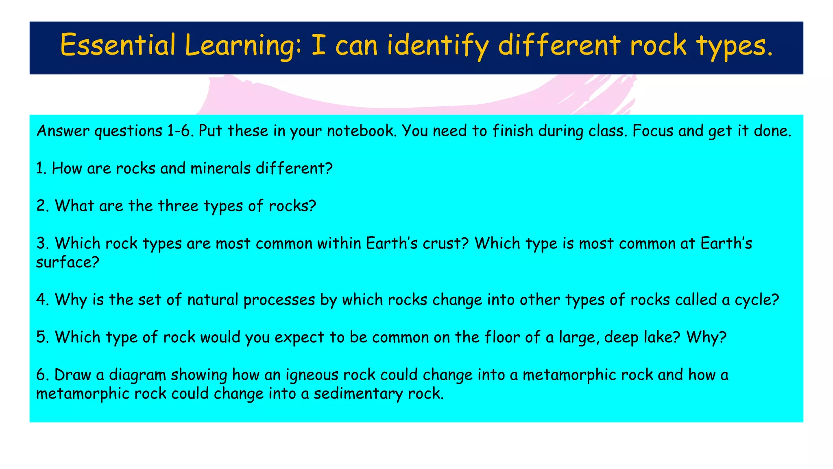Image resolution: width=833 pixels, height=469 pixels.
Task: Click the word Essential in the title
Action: (x=118, y=45)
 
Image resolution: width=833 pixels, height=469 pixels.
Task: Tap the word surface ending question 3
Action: (x=68, y=262)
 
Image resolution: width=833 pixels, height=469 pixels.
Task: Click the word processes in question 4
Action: (x=279, y=300)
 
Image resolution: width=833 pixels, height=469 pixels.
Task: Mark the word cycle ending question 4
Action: (x=756, y=300)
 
